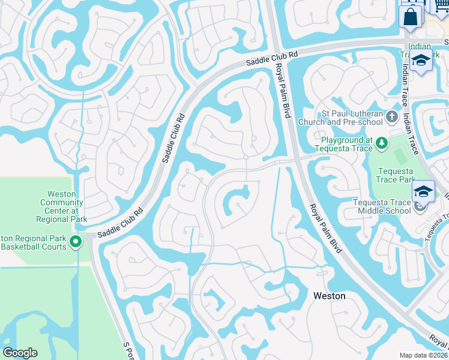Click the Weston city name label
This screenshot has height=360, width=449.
point(330,296)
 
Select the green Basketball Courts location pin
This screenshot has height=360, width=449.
point(76,242)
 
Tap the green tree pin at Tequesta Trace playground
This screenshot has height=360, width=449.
point(381,143)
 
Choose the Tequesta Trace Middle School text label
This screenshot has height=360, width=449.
point(382,206)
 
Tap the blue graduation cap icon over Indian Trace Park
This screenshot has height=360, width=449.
point(420,61)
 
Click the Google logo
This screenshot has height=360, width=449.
point(20,353)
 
